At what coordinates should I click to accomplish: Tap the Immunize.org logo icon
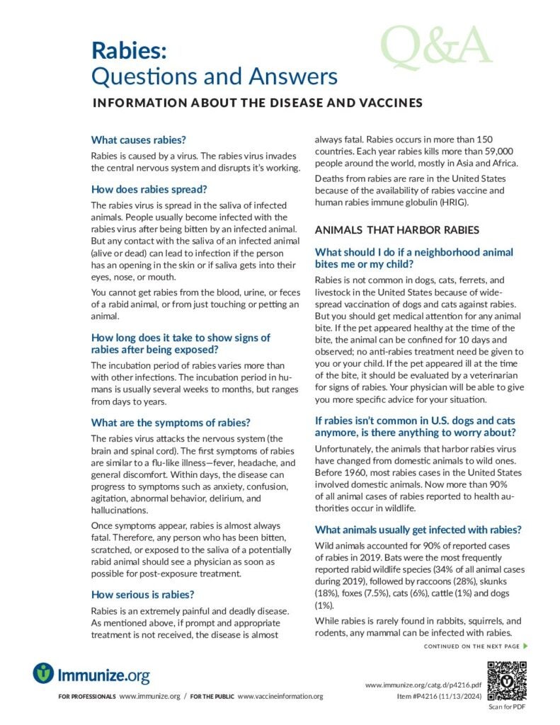pyautogui.click(x=44, y=673)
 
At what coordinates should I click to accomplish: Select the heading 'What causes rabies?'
pyautogui.click(x=139, y=140)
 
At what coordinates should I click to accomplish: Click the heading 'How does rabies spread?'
pyautogui.click(x=149, y=189)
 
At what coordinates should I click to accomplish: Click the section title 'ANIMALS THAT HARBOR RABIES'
pyautogui.click(x=397, y=230)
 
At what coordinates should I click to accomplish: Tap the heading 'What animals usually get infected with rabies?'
pyautogui.click(x=418, y=530)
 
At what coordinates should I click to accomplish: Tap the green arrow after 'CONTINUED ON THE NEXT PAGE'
pyautogui.click(x=525, y=646)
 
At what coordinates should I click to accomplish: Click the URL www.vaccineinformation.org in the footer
pyautogui.click(x=280, y=697)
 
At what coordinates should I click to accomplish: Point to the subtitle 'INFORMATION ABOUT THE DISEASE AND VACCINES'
pyautogui.click(x=258, y=103)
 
